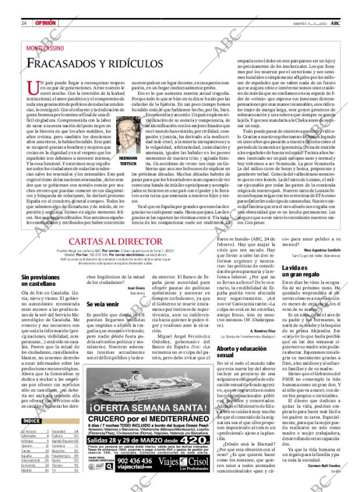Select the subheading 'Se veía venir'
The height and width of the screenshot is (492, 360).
[x=103, y=303]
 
